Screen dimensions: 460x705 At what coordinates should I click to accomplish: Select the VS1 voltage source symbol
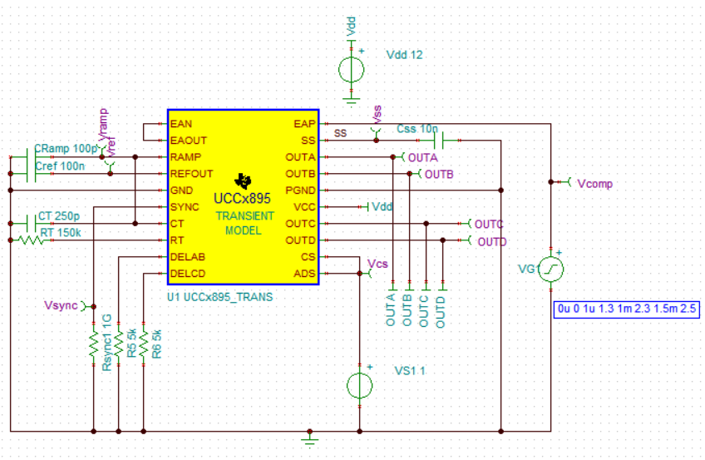[360, 386]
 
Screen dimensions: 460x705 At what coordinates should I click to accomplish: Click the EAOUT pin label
[188, 141]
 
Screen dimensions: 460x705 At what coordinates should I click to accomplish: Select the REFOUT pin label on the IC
[191, 174]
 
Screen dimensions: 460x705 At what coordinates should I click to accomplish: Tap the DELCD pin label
[187, 274]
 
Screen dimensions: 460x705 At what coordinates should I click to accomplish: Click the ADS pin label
[305, 274]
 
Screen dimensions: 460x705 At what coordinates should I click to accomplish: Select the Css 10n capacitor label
[417, 129]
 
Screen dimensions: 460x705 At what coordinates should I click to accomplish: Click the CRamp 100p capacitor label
[66, 148]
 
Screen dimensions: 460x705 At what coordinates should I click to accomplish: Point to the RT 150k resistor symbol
[30, 240]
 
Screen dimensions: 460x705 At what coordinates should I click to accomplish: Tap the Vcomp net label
[594, 183]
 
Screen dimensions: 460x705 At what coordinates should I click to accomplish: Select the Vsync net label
[60, 306]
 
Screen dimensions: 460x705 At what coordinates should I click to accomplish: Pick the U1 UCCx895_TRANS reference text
[219, 296]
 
